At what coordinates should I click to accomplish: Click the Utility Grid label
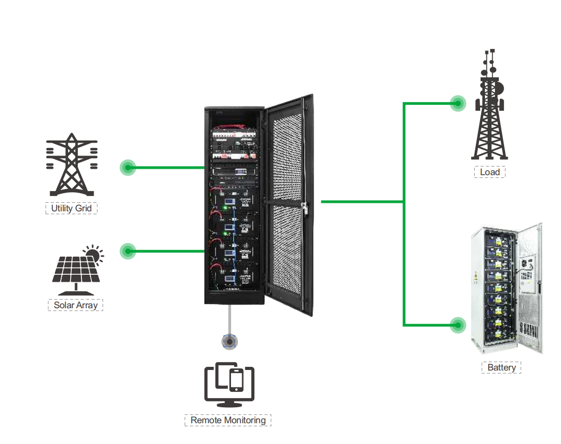(71, 208)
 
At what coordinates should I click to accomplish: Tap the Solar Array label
(75, 305)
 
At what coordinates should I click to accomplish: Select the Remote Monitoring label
(228, 420)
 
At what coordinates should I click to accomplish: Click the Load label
(489, 172)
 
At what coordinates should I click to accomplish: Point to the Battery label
(501, 367)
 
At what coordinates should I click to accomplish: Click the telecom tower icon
(490, 106)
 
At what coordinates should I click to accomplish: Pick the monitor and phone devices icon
(229, 383)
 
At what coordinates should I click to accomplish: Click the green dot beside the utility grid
(128, 168)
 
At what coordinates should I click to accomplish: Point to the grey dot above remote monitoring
(229, 341)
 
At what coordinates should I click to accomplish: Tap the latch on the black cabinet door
(305, 208)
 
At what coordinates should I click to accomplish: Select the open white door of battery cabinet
(530, 287)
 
